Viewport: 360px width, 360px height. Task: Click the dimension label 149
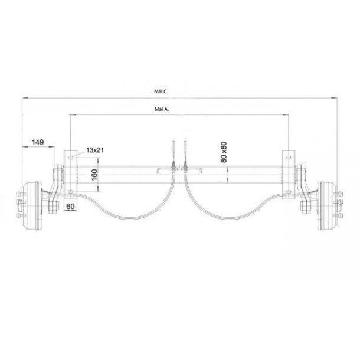[38, 142]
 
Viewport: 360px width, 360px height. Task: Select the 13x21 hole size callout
[95, 150]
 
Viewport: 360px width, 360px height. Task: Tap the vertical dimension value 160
[94, 175]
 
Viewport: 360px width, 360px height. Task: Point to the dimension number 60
[70, 207]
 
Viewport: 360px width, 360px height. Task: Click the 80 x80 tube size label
[224, 152]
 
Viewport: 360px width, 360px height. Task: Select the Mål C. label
[161, 91]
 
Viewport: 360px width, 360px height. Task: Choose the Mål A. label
[162, 109]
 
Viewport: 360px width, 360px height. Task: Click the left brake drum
[32, 206]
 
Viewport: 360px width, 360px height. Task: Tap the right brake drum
[328, 206]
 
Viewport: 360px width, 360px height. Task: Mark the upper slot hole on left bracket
[70, 158]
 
